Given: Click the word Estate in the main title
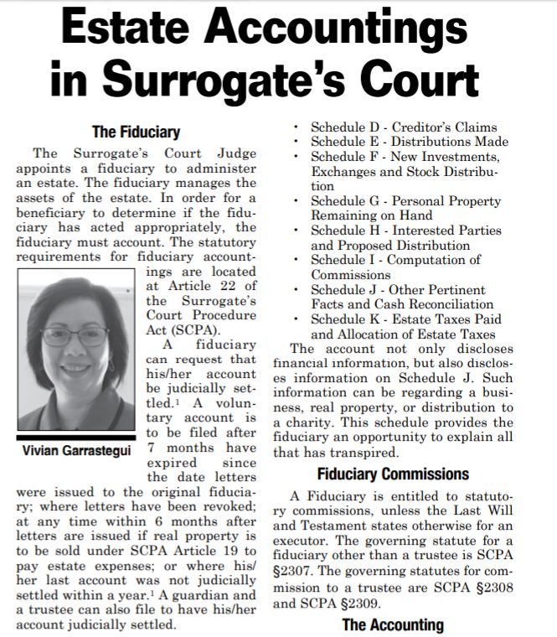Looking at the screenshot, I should click(133, 34).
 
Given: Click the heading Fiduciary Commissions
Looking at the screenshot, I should click(405, 474).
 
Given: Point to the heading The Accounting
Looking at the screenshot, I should click(393, 624).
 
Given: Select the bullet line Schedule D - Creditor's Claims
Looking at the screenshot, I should click(404, 127).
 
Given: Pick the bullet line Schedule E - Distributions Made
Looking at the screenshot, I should click(409, 142).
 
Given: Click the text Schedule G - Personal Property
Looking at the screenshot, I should click(405, 201).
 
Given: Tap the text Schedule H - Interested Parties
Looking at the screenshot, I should click(406, 230).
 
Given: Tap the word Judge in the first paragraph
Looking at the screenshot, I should click(239, 153).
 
